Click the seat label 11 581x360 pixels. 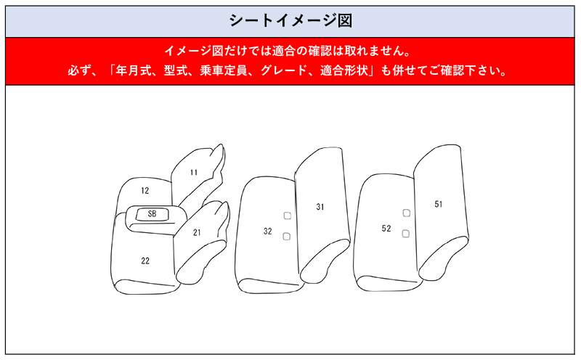pyautogui.click(x=193, y=173)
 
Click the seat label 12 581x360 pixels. pyautogui.click(x=145, y=191)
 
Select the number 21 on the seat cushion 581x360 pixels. pyautogui.click(x=197, y=233)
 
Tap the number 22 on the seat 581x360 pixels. pyautogui.click(x=145, y=261)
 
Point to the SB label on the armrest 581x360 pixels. pyautogui.click(x=152, y=214)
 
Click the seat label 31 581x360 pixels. pyautogui.click(x=320, y=207)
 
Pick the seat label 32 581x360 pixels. pyautogui.click(x=267, y=232)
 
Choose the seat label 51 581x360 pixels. pyautogui.click(x=439, y=204)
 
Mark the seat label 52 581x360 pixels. pyautogui.click(x=386, y=229)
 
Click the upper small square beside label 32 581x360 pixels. pyautogui.click(x=287, y=216)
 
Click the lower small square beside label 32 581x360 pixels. pyautogui.click(x=287, y=236)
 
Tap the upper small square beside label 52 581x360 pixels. pyautogui.click(x=406, y=213)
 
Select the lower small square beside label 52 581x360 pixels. pyautogui.click(x=406, y=233)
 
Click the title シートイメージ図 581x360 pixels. pyautogui.click(x=290, y=20)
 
